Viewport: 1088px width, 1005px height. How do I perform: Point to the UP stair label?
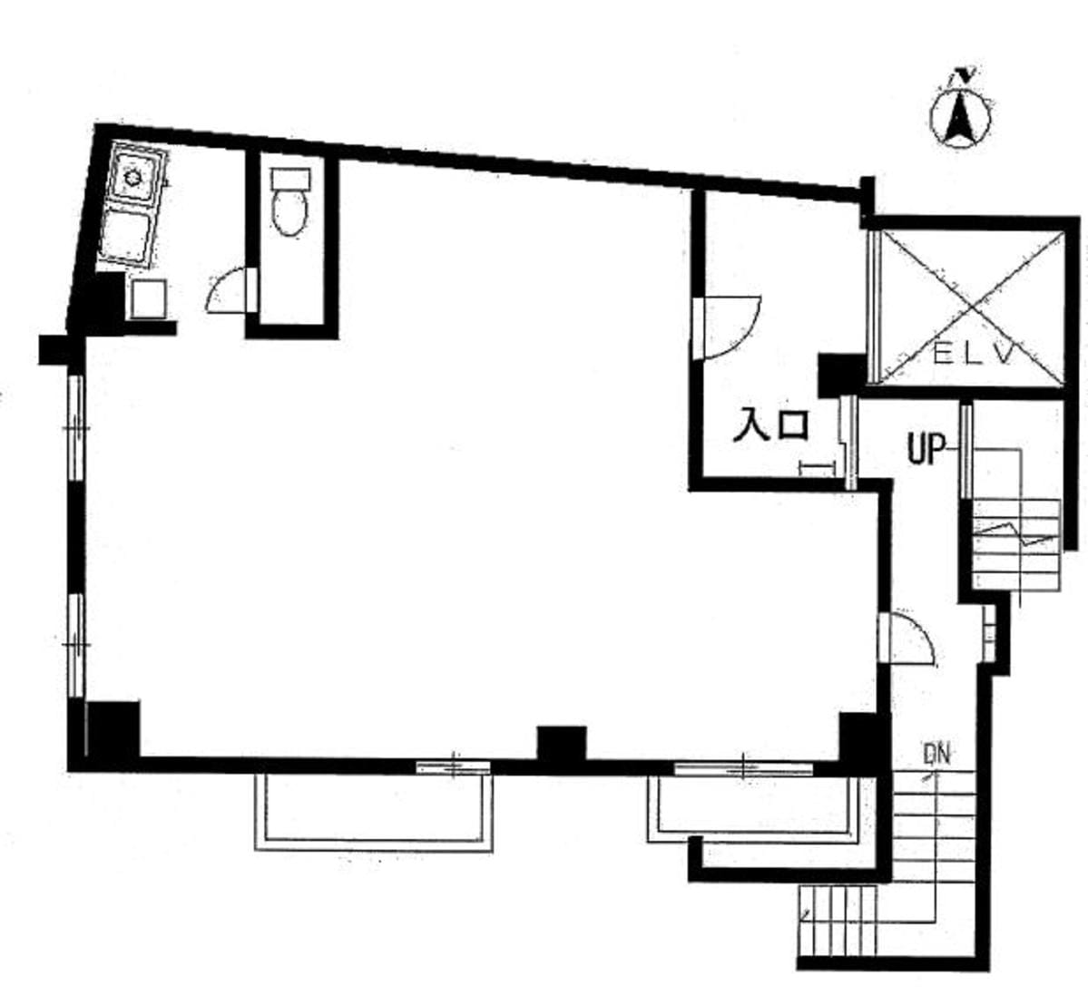(927, 449)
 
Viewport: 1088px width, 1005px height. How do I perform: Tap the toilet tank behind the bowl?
(290, 179)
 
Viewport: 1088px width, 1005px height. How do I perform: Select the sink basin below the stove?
(126, 236)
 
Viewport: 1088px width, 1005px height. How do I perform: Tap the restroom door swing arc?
(225, 290)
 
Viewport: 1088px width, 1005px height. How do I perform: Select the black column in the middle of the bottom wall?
(562, 744)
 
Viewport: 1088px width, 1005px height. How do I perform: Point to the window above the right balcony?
(743, 768)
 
